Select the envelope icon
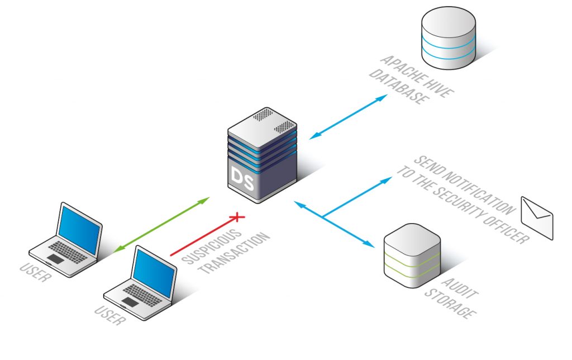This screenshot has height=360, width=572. (536, 217)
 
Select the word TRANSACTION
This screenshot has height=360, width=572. (235, 252)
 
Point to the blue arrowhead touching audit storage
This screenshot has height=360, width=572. (369, 244)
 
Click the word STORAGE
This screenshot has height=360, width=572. (447, 305)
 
